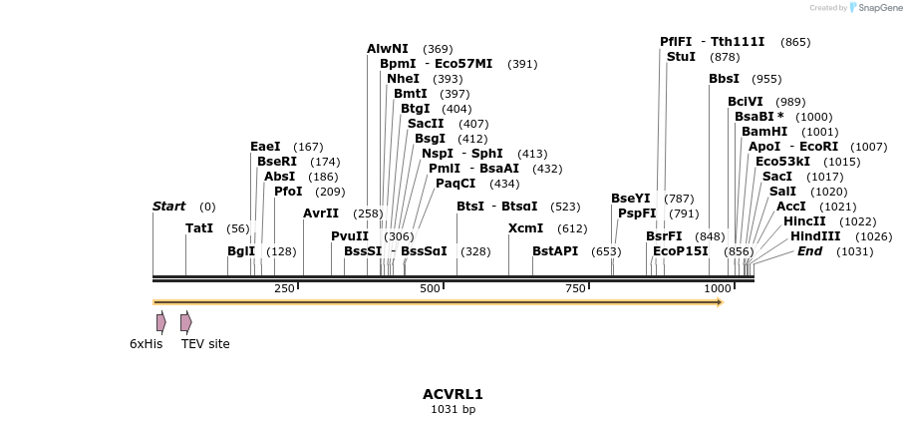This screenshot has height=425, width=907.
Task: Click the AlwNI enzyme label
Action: (387, 49)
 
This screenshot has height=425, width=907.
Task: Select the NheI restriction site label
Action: (403, 79)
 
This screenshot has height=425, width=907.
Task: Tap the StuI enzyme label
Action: (681, 57)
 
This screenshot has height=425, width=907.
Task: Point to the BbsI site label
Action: (724, 79)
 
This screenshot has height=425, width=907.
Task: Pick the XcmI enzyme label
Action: (525, 228)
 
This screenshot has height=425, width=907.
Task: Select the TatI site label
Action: (199, 228)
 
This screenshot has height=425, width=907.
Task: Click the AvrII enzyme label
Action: (321, 213)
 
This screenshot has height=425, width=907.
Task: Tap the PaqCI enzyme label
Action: (455, 184)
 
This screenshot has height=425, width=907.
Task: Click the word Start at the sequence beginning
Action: (168, 207)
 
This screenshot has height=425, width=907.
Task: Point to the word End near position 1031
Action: (809, 251)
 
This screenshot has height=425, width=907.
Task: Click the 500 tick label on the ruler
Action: (430, 288)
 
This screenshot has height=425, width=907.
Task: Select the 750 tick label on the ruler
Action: (575, 288)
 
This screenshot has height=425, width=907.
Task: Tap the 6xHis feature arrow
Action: (160, 322)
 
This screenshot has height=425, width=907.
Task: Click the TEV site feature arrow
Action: (185, 322)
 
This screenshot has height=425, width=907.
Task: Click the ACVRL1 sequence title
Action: (453, 395)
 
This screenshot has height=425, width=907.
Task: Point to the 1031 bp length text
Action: (453, 409)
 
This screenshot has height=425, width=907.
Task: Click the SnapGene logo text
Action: (880, 8)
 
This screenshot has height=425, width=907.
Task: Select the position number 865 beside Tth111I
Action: (795, 42)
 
